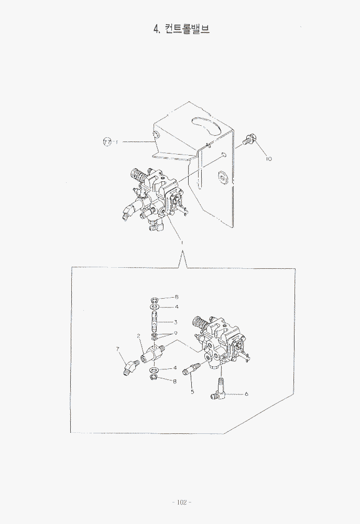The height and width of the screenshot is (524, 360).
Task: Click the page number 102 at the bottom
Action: (x=181, y=503)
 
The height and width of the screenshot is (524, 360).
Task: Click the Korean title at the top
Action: (x=181, y=29)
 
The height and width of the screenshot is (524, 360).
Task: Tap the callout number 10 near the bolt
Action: (x=269, y=159)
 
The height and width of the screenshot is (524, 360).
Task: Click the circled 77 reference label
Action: (x=106, y=141)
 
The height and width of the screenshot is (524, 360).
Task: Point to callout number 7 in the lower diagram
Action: (x=118, y=349)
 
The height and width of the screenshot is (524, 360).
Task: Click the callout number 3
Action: (x=175, y=322)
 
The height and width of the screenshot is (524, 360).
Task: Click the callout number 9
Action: (x=175, y=333)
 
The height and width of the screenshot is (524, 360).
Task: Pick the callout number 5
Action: (x=192, y=391)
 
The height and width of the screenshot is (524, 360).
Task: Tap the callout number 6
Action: (x=246, y=394)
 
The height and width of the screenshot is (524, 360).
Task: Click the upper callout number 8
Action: (x=177, y=297)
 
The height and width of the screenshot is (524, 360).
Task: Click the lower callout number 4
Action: (x=175, y=368)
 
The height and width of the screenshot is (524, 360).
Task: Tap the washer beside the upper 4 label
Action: (x=155, y=306)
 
